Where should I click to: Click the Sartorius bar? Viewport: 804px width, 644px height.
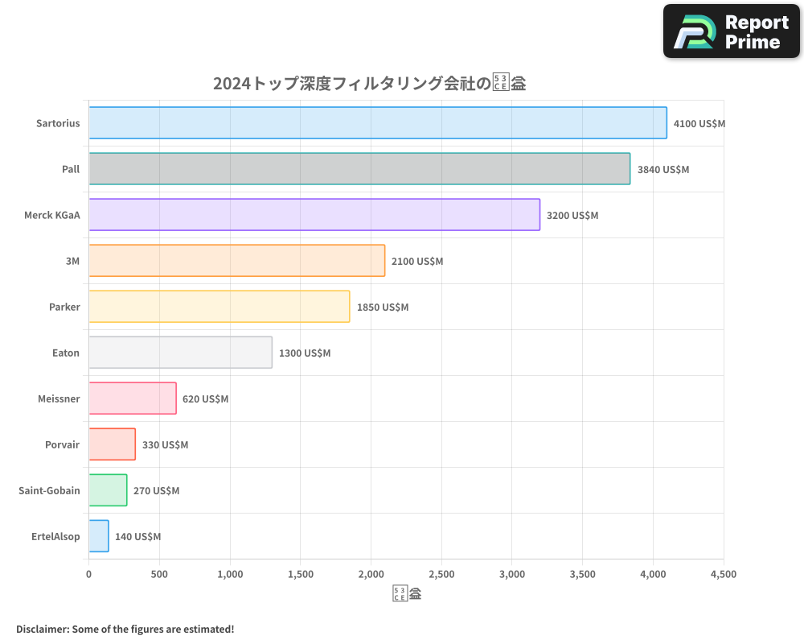(378, 123)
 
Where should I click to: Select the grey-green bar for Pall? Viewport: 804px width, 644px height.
(359, 169)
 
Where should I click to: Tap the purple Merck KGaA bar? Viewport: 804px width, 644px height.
(314, 215)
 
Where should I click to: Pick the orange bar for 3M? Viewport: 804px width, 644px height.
(236, 261)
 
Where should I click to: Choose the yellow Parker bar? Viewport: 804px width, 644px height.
(219, 307)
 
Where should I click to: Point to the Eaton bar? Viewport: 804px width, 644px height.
(180, 353)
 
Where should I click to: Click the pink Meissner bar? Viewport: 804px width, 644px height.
(133, 398)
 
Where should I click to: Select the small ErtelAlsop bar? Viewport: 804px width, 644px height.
(99, 536)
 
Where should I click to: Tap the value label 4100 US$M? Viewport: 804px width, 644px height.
(699, 124)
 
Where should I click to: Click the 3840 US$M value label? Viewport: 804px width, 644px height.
(663, 170)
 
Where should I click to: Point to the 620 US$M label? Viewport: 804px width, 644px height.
(206, 399)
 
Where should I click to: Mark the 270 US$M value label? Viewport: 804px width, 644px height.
(157, 491)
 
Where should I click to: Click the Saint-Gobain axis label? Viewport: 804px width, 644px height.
(49, 490)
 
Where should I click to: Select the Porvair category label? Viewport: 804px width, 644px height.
(63, 444)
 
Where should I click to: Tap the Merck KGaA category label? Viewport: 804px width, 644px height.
(52, 215)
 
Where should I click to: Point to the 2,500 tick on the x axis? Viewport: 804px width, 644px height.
(441, 575)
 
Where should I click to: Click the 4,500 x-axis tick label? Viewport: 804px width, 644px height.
(723, 575)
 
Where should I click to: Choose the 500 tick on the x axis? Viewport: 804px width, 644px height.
(159, 575)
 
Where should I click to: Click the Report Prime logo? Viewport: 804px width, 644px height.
(731, 31)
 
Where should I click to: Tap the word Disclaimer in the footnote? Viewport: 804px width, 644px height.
(41, 630)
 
